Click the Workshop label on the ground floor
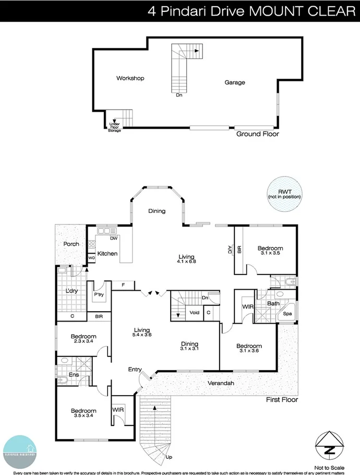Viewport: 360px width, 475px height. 130,78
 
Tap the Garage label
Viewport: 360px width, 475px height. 235,82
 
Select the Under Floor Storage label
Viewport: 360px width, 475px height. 114,127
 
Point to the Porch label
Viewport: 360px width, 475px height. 71,244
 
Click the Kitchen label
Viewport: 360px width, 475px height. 107,254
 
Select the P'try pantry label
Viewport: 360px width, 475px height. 99,294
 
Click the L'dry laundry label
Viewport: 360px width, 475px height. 71,291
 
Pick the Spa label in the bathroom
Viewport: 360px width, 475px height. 287,315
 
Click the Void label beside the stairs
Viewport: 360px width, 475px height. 195,313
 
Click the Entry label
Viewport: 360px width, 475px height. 135,370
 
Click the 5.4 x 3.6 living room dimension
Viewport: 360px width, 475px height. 141,335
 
